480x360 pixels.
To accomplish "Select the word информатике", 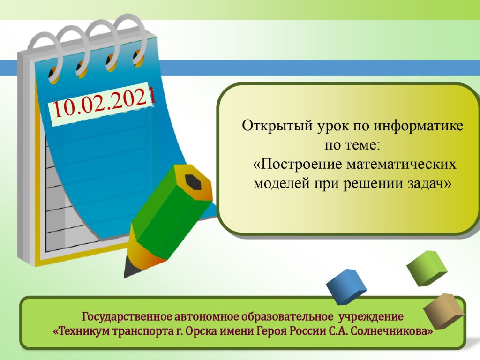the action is tap(418, 126).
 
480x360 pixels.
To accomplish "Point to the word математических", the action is tap(401, 165).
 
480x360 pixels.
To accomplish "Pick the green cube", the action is tap(427, 268).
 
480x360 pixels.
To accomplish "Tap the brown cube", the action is tap(443, 310).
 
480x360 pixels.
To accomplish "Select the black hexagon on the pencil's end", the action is tap(193, 182).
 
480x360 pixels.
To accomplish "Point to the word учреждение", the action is tap(371, 316).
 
